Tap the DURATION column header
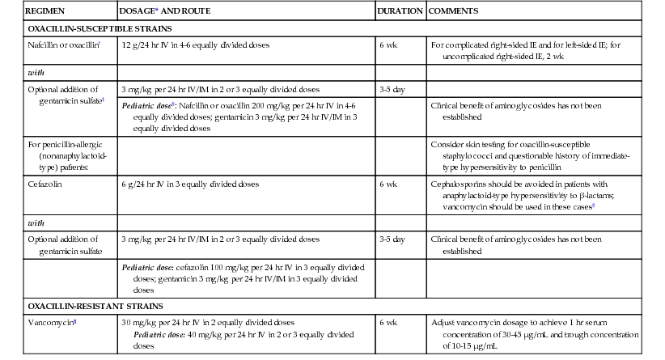[x=400, y=12]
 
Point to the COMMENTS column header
[x=452, y=12]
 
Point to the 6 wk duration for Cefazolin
[x=388, y=184]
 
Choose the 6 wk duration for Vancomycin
[x=388, y=322]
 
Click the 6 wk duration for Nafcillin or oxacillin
[x=388, y=45]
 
